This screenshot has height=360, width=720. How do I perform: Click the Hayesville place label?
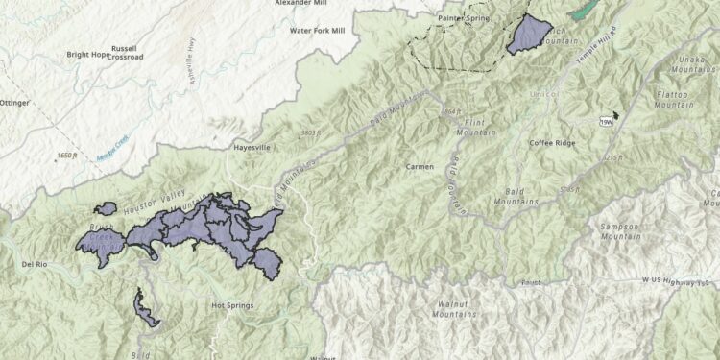tap(252, 148)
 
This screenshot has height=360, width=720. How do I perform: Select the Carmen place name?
tap(420, 166)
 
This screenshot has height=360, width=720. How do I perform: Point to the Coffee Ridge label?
tap(552, 143)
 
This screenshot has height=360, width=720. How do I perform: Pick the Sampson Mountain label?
tap(619, 230)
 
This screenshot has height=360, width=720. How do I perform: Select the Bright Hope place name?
tap(87, 55)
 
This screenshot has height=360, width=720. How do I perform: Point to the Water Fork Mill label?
tap(317, 31)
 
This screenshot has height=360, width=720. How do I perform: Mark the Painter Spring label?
tap(465, 17)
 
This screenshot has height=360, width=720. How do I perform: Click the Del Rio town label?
tap(34, 262)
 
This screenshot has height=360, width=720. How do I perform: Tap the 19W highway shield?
tap(607, 122)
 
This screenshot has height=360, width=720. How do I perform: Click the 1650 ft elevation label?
tap(65, 155)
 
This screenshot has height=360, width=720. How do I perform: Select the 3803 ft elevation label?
tap(309, 132)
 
